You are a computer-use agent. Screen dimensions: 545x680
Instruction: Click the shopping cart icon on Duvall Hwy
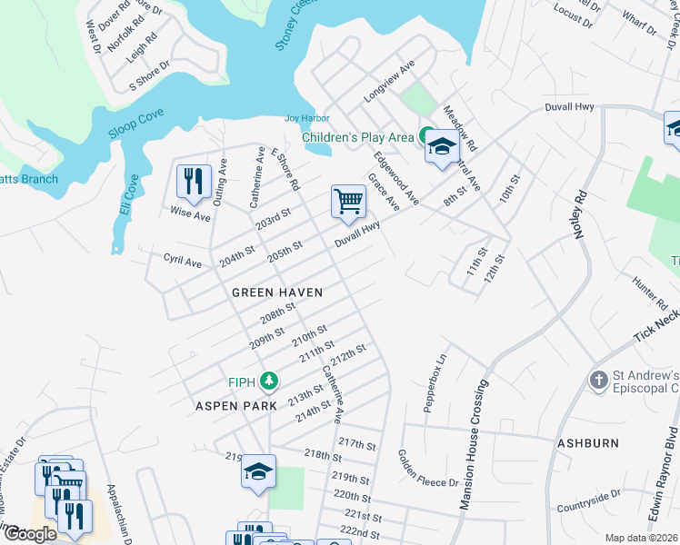(x=349, y=203)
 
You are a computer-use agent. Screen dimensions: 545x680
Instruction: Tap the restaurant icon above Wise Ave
(x=194, y=181)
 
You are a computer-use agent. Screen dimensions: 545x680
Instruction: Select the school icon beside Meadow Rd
(x=442, y=146)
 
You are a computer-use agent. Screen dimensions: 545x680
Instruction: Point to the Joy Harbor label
(x=306, y=118)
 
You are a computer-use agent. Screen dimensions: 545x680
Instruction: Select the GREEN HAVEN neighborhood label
(x=277, y=292)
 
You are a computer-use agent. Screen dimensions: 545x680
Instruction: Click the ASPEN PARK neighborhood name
(x=235, y=406)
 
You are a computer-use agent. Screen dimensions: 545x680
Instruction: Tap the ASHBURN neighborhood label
(x=587, y=442)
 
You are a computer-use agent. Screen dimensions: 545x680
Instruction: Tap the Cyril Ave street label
(x=182, y=262)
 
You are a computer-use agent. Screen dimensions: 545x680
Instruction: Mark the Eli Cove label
(x=128, y=194)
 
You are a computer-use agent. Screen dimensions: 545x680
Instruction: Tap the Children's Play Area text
(x=357, y=137)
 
